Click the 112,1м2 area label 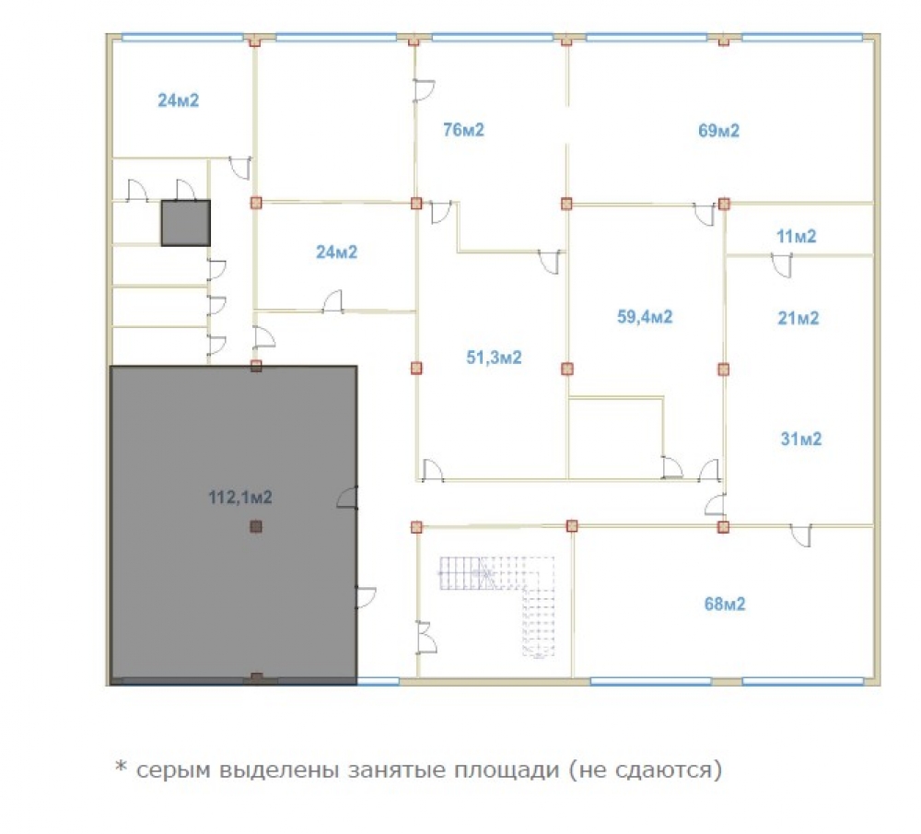[x=240, y=498]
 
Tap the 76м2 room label [x=463, y=129]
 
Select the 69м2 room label [x=718, y=130]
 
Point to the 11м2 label [x=796, y=236]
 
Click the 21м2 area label [x=799, y=318]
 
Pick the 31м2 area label [x=801, y=439]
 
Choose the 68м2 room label [x=725, y=604]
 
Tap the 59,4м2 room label [x=645, y=317]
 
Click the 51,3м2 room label [x=494, y=358]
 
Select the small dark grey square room [x=186, y=223]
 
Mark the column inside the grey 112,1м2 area [x=255, y=526]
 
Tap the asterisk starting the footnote [x=121, y=767]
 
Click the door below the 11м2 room [x=782, y=265]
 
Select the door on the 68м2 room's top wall [x=801, y=535]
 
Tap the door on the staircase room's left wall [x=427, y=637]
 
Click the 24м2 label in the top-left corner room [x=178, y=100]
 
